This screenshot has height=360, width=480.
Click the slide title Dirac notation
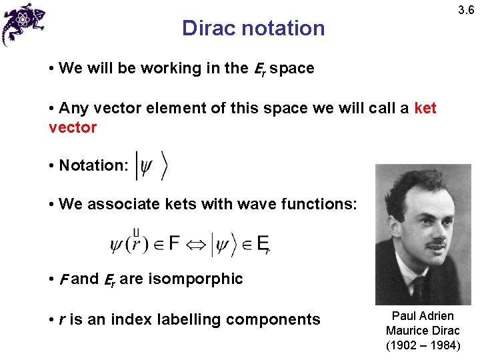[253, 29]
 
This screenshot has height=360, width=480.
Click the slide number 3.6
[465, 11]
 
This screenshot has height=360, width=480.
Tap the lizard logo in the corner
[24, 23]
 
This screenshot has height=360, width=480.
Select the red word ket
[425, 109]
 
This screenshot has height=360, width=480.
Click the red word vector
[73, 127]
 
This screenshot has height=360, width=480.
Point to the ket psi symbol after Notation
[151, 165]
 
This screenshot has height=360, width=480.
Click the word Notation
[93, 165]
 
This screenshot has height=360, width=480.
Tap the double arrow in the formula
[195, 245]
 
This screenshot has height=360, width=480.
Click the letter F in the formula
[173, 243]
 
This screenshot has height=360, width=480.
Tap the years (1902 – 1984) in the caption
[423, 345]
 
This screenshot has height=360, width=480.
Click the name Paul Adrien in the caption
[423, 316]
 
